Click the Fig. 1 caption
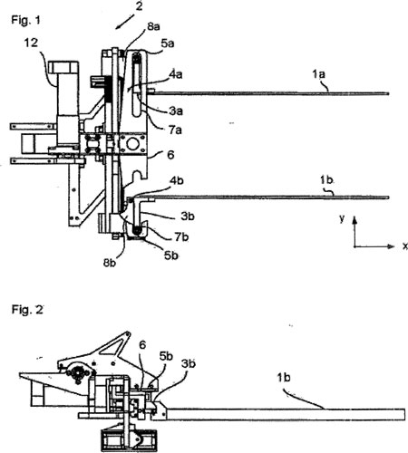[25, 20]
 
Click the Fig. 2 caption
[27, 310]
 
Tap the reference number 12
[31, 43]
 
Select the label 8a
[153, 26]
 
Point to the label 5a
[168, 43]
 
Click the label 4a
[175, 74]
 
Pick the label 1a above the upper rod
[318, 73]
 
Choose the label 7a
[175, 130]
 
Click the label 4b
[177, 180]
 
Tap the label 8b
[110, 263]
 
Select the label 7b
[181, 236]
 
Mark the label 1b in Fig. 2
[284, 377]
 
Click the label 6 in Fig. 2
[142, 344]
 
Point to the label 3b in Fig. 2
[189, 363]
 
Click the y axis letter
[342, 218]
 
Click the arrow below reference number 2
[124, 21]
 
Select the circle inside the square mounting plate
[132, 144]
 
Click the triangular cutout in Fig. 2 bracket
[112, 347]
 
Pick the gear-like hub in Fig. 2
[78, 373]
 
